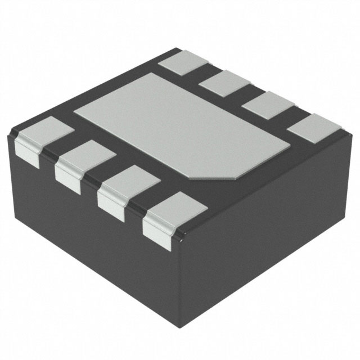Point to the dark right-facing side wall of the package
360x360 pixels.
(x=270, y=236)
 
